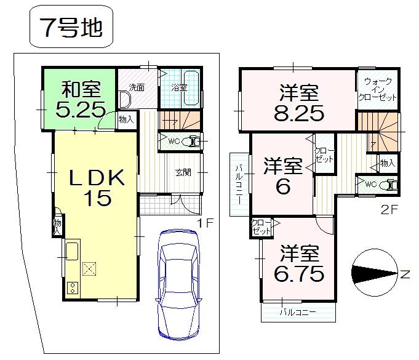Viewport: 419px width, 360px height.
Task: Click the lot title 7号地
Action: coord(71,29)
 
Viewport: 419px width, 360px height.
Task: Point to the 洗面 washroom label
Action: coord(137,87)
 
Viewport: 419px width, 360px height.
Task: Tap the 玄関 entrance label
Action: coord(183,172)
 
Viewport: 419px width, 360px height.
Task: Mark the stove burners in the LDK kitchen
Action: coord(71,287)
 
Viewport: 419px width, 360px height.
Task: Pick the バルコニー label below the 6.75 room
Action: coord(298,313)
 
